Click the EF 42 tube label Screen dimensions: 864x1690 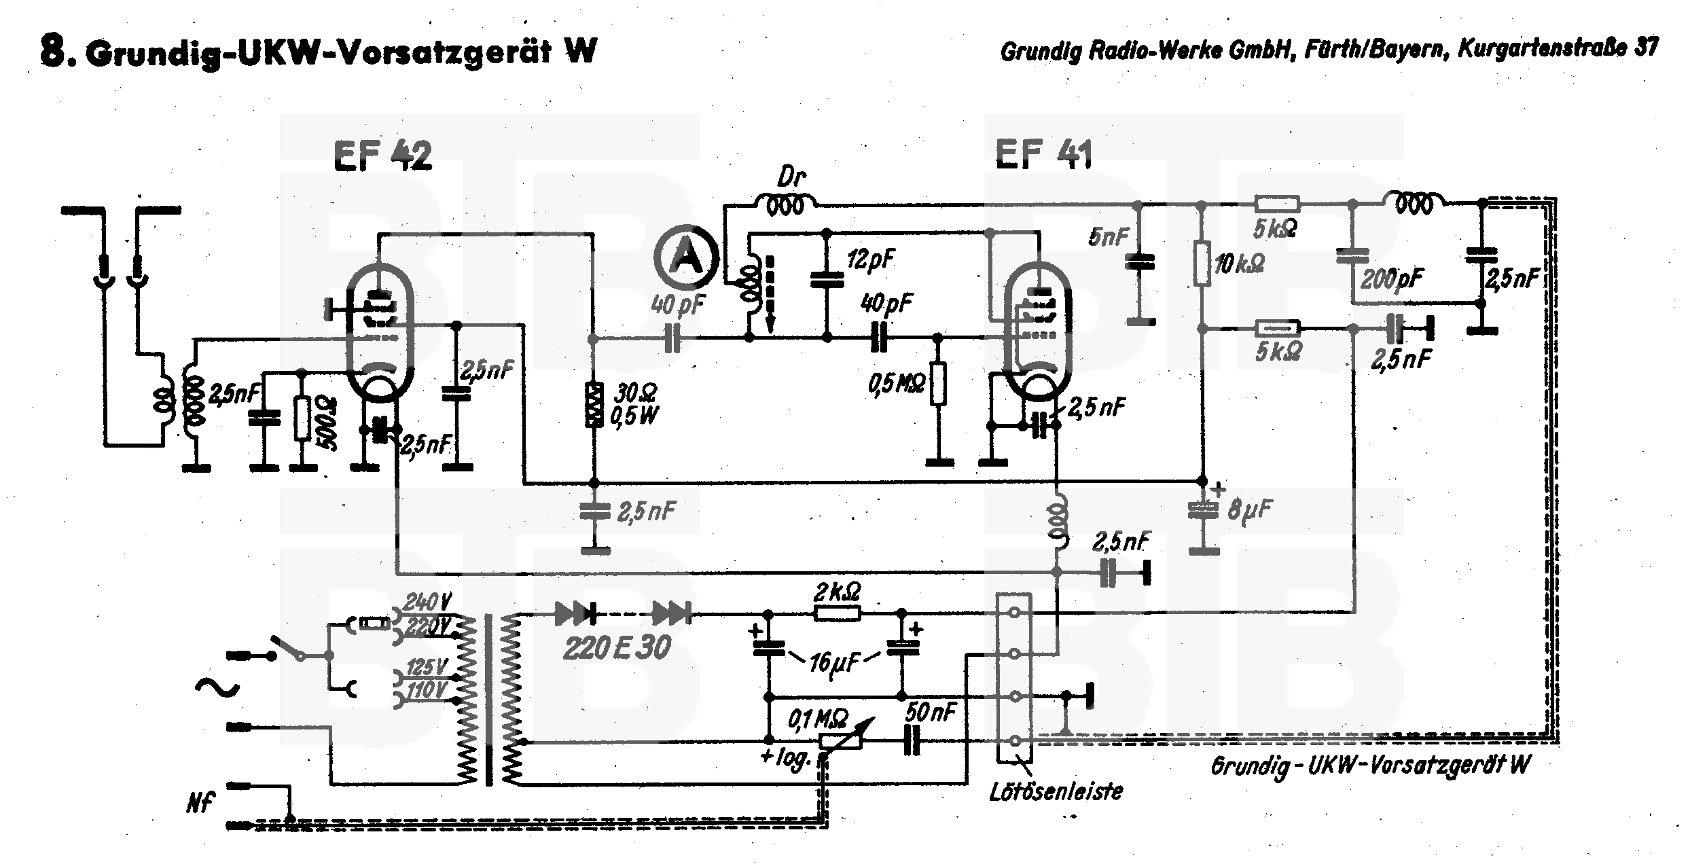pyautogui.click(x=382, y=156)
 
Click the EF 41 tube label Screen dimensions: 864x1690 pyautogui.click(x=1044, y=154)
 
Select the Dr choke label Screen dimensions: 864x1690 pyautogui.click(x=791, y=179)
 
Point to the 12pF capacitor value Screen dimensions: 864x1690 pyautogui.click(x=871, y=259)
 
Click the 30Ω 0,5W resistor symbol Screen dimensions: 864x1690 pyautogui.click(x=594, y=405)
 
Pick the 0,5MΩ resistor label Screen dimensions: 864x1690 pyautogui.click(x=896, y=384)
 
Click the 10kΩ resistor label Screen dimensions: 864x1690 pyautogui.click(x=1239, y=264)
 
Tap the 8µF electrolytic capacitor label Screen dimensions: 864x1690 pyautogui.click(x=1251, y=509)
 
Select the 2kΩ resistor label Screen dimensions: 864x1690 pyautogui.click(x=838, y=594)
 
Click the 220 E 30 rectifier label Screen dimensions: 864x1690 pyautogui.click(x=617, y=648)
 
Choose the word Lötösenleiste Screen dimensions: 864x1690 pyautogui.click(x=1056, y=791)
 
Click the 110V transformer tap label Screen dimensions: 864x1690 pyautogui.click(x=427, y=691)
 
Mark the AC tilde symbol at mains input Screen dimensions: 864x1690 pyautogui.click(x=217, y=687)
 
